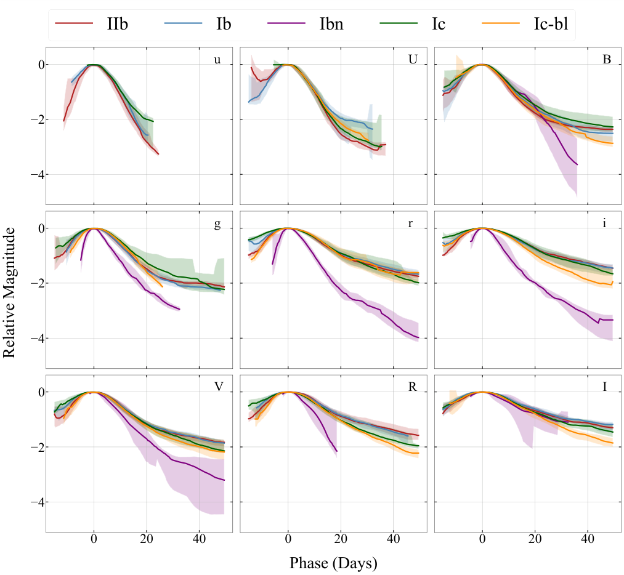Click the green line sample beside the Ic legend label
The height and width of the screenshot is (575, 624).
point(394,24)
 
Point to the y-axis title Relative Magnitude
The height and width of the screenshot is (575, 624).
point(10,292)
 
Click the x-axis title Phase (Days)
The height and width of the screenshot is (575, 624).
point(333,563)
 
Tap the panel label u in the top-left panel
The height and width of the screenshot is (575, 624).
point(217,60)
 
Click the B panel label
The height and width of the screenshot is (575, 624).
point(606,60)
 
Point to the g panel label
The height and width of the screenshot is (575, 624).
point(217,224)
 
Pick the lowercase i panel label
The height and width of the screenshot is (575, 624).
point(606,223)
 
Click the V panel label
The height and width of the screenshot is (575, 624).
point(217,387)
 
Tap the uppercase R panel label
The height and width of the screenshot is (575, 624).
point(411,387)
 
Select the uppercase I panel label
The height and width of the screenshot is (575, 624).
point(605,387)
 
